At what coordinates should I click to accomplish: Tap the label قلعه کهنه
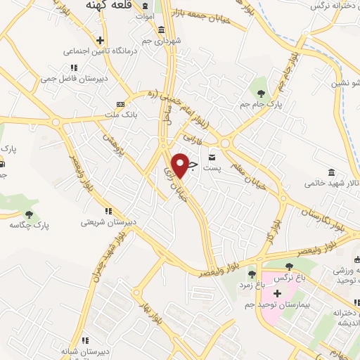tap(109, 5)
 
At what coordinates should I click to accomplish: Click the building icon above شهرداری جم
tap(162, 30)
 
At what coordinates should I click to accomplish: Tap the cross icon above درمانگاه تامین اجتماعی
tap(101, 40)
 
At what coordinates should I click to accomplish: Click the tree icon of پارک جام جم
tap(260, 92)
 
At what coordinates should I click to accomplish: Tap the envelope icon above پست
tap(212, 157)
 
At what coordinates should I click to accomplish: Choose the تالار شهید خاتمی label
tap(329, 184)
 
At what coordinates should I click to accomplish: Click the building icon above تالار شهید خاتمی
tap(331, 172)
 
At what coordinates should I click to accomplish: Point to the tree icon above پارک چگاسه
tap(29, 214)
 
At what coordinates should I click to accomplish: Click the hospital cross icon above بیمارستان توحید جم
tap(276, 293)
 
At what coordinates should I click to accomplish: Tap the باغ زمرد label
tap(252, 285)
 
